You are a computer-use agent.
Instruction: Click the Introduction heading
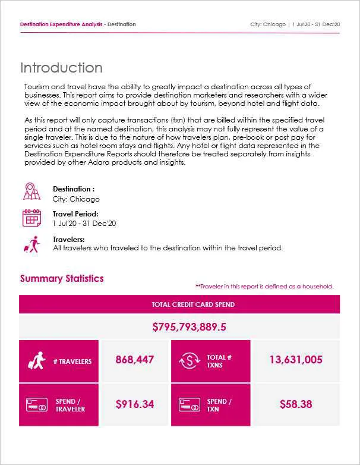coord(61,68)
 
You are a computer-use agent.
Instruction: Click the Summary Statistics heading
coord(62,278)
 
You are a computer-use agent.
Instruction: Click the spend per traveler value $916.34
coord(134,404)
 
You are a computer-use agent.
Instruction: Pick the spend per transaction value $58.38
coord(295,404)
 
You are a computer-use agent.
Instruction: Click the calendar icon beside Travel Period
coord(31,218)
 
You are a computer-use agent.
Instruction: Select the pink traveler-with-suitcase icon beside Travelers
coord(31,244)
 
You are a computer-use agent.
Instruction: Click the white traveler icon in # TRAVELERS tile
coord(37,361)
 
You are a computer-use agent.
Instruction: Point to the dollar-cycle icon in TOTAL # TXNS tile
coord(188,361)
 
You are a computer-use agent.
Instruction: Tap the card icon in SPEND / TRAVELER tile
coord(37,405)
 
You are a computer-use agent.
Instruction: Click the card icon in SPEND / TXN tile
coord(188,405)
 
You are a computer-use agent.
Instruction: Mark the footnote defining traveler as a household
coord(264,287)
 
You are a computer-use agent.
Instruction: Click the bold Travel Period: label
coord(75,214)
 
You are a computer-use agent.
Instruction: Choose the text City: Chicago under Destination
coord(76,199)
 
